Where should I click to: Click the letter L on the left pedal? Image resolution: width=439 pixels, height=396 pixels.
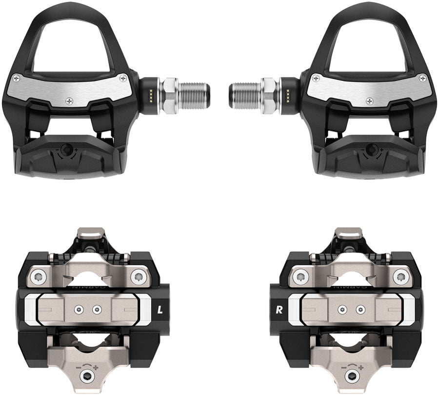(x=160, y=308)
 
